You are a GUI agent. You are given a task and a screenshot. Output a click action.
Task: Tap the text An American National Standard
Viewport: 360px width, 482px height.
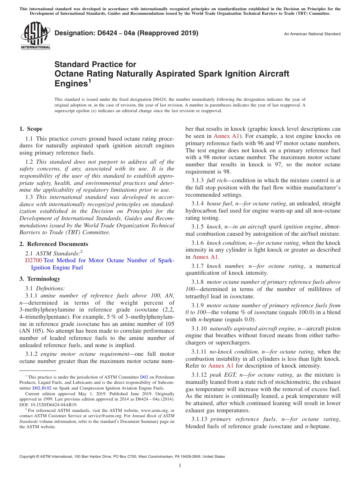[312, 34]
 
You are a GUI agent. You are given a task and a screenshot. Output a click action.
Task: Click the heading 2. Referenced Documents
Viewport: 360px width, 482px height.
[53, 244]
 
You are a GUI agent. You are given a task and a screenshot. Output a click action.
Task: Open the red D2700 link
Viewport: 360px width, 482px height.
[33, 260]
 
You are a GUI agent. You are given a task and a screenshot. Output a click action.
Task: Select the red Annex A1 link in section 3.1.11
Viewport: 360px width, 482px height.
[221, 366]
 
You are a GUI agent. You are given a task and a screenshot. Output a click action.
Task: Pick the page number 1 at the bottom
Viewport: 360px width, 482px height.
[180, 465]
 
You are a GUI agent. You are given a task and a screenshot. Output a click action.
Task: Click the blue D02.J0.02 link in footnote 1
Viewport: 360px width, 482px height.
[39, 388]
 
